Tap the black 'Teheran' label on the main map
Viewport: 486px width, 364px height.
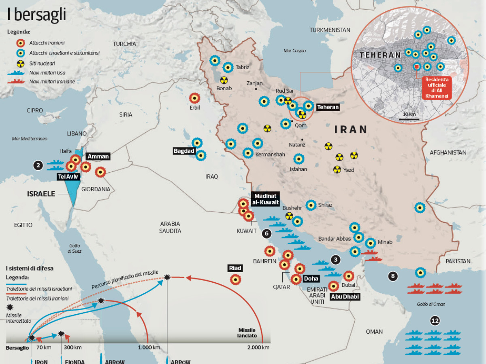tap(328, 108)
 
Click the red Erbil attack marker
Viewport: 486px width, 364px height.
tap(195, 98)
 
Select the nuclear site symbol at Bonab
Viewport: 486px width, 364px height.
tap(224, 80)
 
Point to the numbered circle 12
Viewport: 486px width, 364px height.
tap(435, 321)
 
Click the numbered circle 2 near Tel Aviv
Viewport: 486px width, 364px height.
tap(38, 165)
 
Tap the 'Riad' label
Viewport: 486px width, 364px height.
tap(235, 268)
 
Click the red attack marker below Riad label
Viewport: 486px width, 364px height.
tap(235, 279)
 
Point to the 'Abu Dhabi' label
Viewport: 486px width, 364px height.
tap(345, 296)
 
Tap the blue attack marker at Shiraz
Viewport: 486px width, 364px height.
tap(311, 205)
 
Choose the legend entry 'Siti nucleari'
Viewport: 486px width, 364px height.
tap(42, 63)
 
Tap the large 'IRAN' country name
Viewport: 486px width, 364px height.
tap(351, 129)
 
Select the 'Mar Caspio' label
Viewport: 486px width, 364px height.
tap(294, 51)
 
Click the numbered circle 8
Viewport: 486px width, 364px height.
tap(392, 277)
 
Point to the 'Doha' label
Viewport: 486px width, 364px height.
tap(311, 279)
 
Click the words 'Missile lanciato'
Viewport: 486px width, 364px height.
tap(247, 333)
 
